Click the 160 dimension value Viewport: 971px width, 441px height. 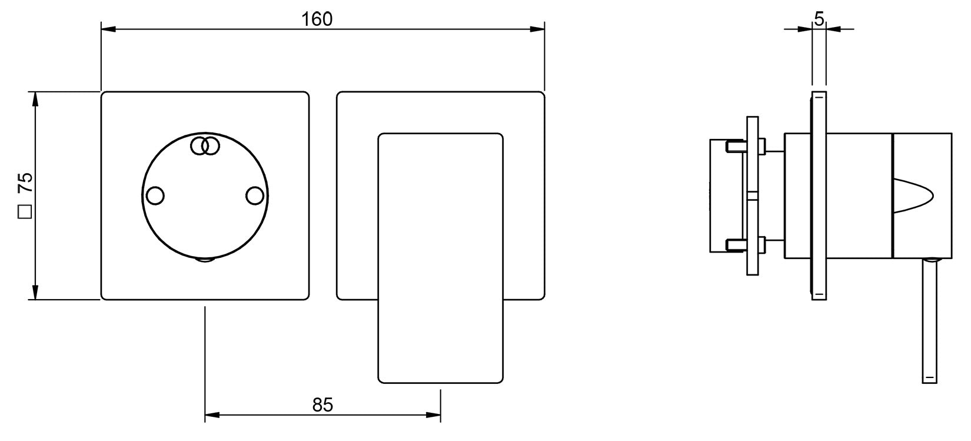point(317,19)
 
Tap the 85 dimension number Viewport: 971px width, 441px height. point(322,405)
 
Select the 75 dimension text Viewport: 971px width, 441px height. point(25,183)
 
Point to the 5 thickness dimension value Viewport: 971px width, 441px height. point(819,19)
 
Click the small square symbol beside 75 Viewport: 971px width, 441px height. point(25,211)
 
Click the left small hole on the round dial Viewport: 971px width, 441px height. point(155,196)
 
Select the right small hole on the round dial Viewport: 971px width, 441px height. point(254,196)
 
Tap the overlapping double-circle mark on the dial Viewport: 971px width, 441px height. point(205,146)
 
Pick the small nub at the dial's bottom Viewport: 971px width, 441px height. point(205,260)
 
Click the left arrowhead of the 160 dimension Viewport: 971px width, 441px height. point(108,29)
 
